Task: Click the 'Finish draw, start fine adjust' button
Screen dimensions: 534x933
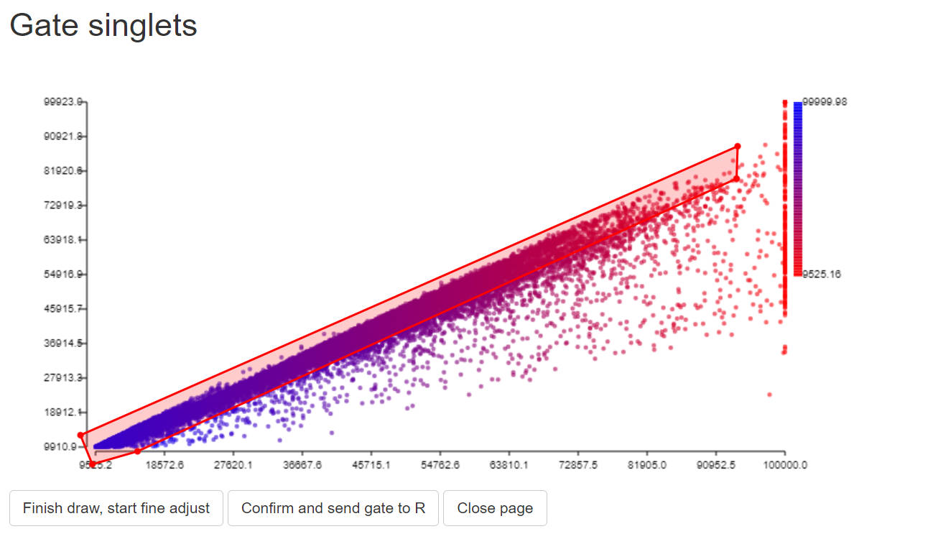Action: click(x=116, y=508)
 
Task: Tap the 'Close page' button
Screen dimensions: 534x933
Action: click(x=495, y=508)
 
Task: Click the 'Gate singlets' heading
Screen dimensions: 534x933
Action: click(x=103, y=26)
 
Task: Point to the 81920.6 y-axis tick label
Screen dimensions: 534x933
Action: click(x=63, y=170)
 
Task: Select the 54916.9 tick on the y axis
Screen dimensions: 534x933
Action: click(x=63, y=274)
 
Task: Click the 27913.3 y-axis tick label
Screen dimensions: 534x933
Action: click(x=63, y=377)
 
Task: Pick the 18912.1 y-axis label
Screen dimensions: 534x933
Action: click(x=63, y=412)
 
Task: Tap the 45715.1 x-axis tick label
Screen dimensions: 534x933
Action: click(x=371, y=465)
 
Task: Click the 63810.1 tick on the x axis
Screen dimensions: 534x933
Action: click(x=509, y=465)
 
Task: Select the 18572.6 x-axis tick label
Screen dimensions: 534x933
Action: click(x=165, y=465)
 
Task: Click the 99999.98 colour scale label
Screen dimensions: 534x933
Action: click(x=825, y=101)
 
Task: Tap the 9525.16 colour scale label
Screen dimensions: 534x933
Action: click(x=822, y=274)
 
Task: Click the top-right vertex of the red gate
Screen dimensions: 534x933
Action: click(x=738, y=147)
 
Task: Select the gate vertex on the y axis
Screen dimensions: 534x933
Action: click(x=81, y=435)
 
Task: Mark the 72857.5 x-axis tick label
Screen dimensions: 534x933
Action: click(x=578, y=465)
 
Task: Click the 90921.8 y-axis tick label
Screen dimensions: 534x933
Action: click(x=63, y=136)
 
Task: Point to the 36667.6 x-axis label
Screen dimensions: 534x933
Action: click(x=302, y=465)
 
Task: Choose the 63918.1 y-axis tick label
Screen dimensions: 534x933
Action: click(x=63, y=239)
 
